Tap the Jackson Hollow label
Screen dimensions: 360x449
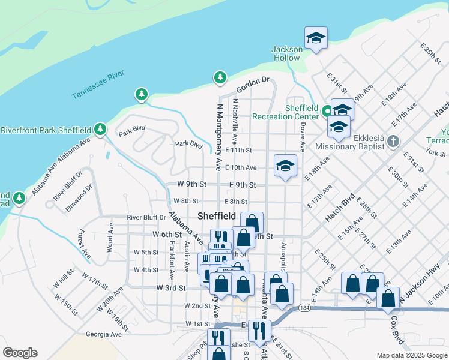pyautogui.click(x=286, y=53)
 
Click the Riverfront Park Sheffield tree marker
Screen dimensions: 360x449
pyautogui.click(x=100, y=129)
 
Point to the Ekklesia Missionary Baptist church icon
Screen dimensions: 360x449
pyautogui.click(x=393, y=142)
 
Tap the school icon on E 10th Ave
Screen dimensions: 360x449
pyautogui.click(x=285, y=166)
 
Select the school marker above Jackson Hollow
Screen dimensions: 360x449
pyautogui.click(x=316, y=38)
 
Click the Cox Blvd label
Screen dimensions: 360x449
pyautogui.click(x=397, y=329)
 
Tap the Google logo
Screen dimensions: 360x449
pyautogui.click(x=20, y=353)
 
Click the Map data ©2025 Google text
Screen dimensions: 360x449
pyautogui.click(x=411, y=355)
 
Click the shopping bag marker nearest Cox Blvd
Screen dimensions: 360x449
pyautogui.click(x=388, y=298)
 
